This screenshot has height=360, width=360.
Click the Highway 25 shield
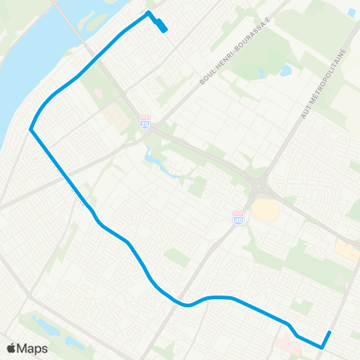(145, 121)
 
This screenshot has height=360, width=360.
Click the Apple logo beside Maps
(11, 348)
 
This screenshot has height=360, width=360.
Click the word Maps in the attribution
(33, 348)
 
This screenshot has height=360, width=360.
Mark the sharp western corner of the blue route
(31, 130)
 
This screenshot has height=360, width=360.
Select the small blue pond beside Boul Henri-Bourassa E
(286, 71)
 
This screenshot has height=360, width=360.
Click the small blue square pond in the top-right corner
(352, 13)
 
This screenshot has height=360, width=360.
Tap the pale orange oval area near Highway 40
(264, 209)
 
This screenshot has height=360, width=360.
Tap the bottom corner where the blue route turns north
(322, 347)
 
